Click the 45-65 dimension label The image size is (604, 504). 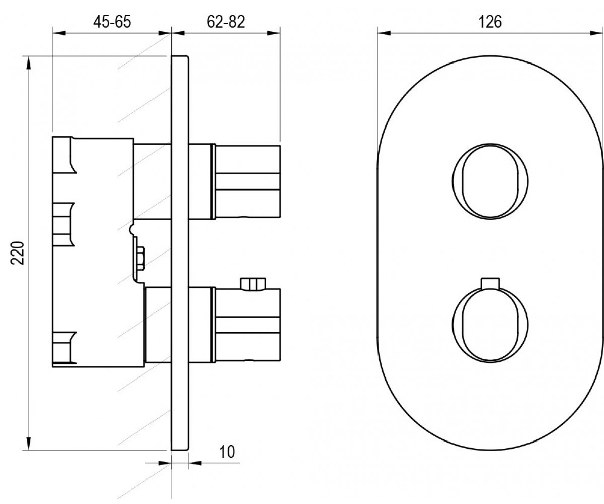click(x=112, y=22)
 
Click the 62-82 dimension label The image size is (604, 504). click(x=226, y=22)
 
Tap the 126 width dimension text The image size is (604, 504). click(x=490, y=22)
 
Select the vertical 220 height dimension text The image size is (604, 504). click(x=17, y=253)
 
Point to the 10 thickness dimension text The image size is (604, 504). click(x=228, y=452)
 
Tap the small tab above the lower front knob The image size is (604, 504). click(x=490, y=284)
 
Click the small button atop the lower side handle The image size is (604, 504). click(x=253, y=284)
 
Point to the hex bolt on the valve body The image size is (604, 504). click(x=140, y=259)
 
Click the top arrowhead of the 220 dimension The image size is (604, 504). click(x=28, y=63)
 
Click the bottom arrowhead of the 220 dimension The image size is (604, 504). click(x=28, y=444)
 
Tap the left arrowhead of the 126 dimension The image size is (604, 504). click(x=384, y=33)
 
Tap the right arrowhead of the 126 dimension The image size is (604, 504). click(x=597, y=33)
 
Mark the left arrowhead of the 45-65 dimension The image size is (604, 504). click(x=59, y=33)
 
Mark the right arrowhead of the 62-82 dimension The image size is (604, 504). click(x=273, y=33)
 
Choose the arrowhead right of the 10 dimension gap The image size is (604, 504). click(x=195, y=463)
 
